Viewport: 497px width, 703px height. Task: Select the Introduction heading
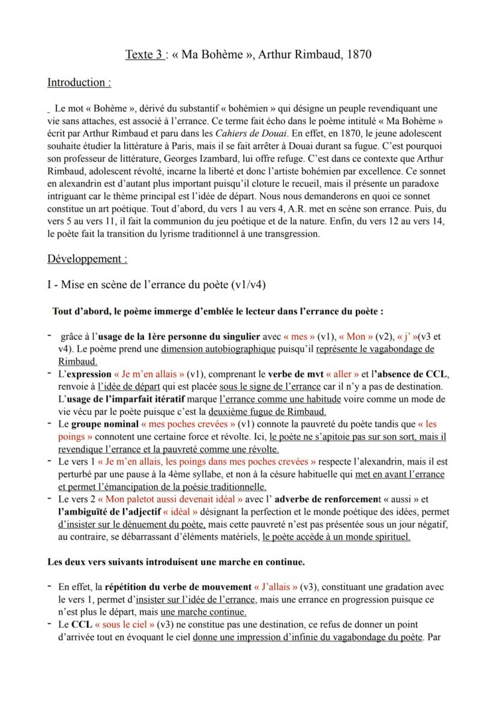click(79, 82)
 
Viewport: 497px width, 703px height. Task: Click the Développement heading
click(87, 259)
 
